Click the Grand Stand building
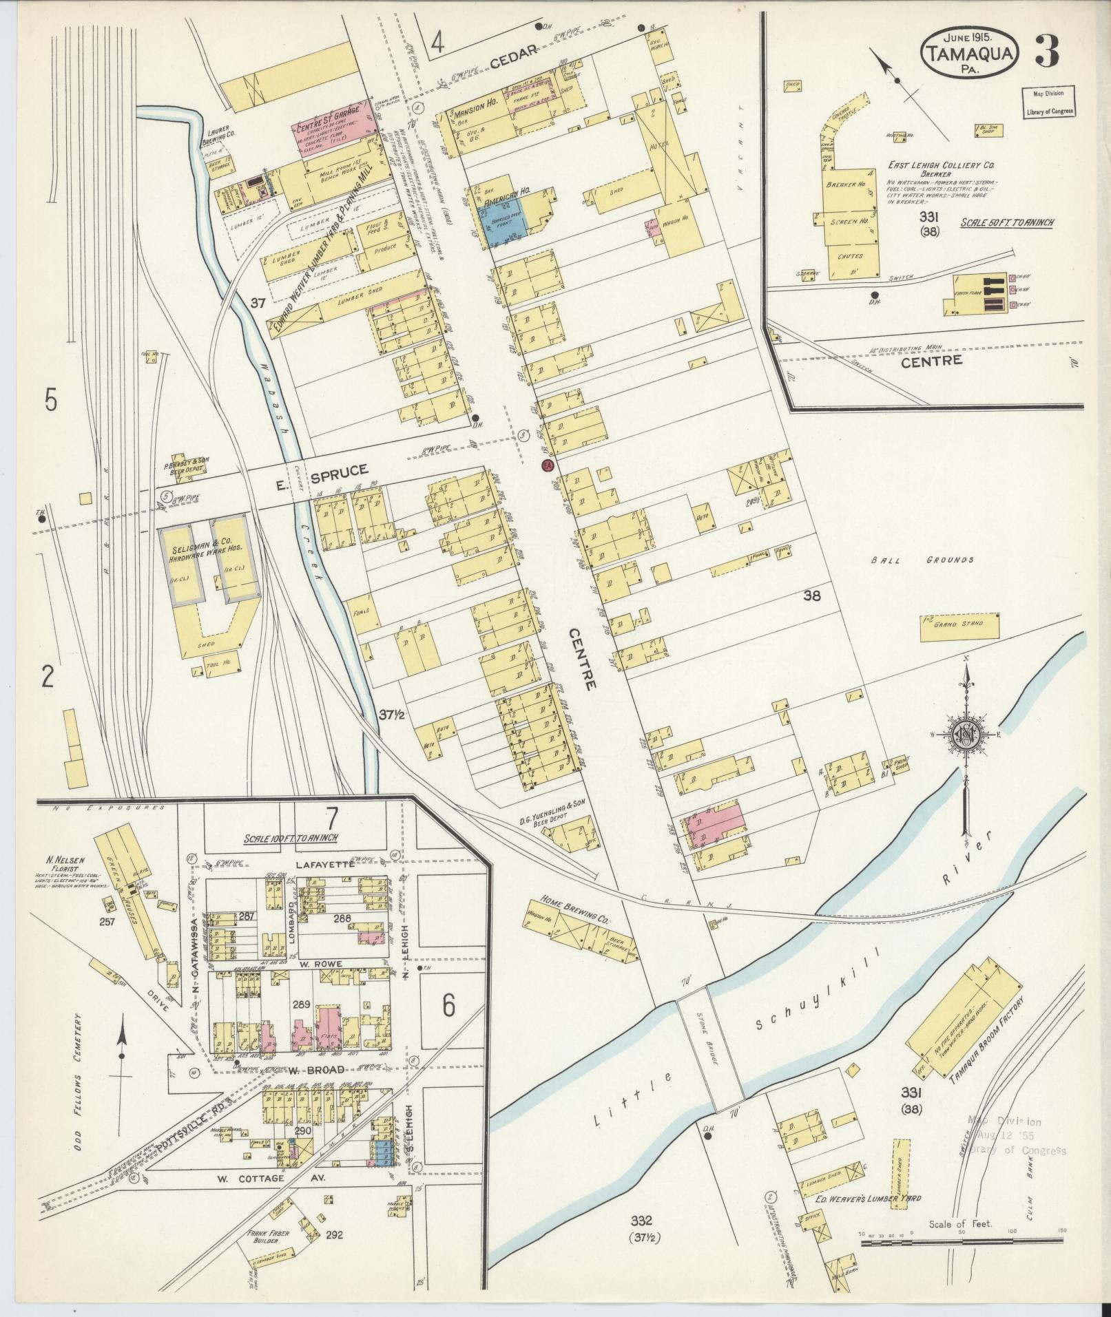point(959,625)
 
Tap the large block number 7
point(331,819)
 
